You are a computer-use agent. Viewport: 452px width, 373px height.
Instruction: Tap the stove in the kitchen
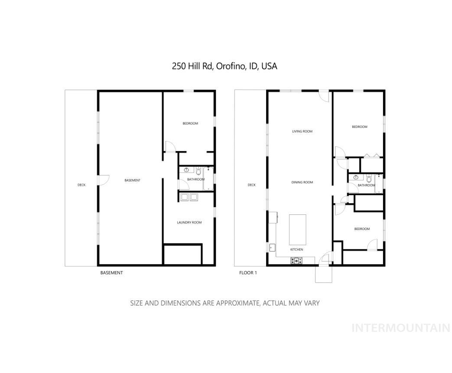pyautogui.click(x=297, y=260)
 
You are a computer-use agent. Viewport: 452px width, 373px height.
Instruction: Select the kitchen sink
pyautogui.click(x=272, y=248)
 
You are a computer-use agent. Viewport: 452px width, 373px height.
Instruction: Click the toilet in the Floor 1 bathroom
pyautogui.click(x=369, y=178)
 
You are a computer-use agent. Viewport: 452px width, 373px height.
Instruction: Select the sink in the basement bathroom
pyautogui.click(x=187, y=170)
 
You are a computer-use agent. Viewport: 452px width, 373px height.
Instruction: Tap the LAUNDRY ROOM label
pyautogui.click(x=189, y=223)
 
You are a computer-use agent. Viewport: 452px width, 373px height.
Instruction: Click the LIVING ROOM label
pyautogui.click(x=302, y=131)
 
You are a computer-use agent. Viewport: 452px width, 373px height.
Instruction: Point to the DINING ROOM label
pyautogui.click(x=302, y=182)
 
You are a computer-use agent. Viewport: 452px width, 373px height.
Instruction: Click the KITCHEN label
pyautogui.click(x=297, y=250)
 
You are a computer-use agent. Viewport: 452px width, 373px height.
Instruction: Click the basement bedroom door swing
pyautogui.click(x=169, y=146)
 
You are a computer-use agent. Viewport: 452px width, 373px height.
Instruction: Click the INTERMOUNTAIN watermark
pyautogui.click(x=400, y=328)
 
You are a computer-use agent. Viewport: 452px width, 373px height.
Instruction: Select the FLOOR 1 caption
pyautogui.click(x=248, y=273)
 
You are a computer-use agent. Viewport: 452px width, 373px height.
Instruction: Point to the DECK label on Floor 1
pyautogui.click(x=252, y=185)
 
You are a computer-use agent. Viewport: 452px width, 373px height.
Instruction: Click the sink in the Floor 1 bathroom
pyautogui.click(x=355, y=177)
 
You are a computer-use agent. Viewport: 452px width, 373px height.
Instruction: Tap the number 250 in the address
pyautogui.click(x=179, y=66)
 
